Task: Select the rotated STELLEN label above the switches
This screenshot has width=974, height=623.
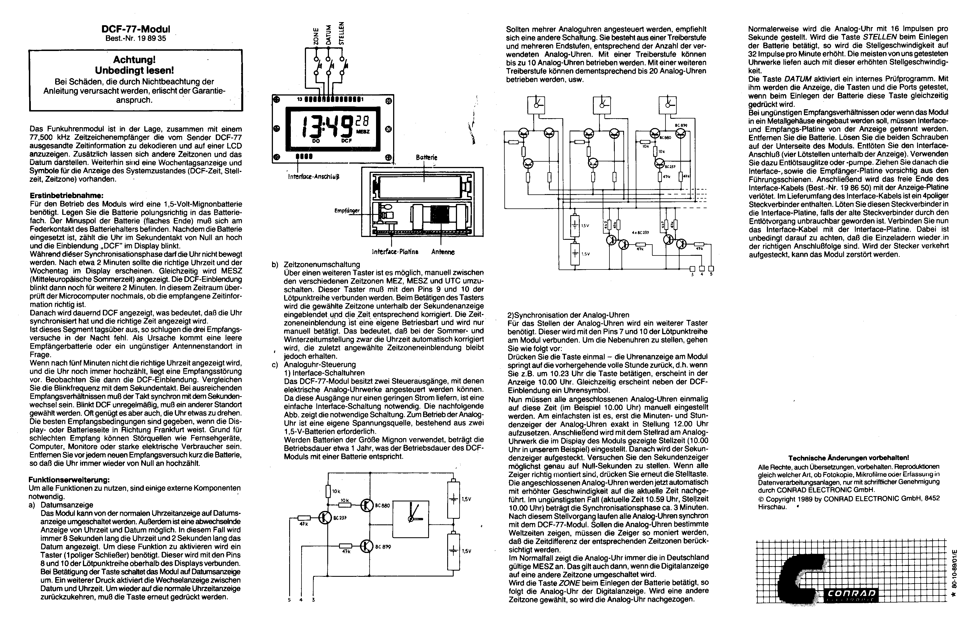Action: click(x=342, y=33)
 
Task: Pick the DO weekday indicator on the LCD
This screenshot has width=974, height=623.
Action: click(x=316, y=141)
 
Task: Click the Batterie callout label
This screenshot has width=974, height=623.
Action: click(x=426, y=157)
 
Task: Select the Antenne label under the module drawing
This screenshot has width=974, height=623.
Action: click(x=443, y=252)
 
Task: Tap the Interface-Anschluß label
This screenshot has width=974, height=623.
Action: click(x=314, y=177)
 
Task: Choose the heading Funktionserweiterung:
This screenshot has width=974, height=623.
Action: click(x=69, y=480)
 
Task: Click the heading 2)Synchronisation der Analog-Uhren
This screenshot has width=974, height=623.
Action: click(x=568, y=315)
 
